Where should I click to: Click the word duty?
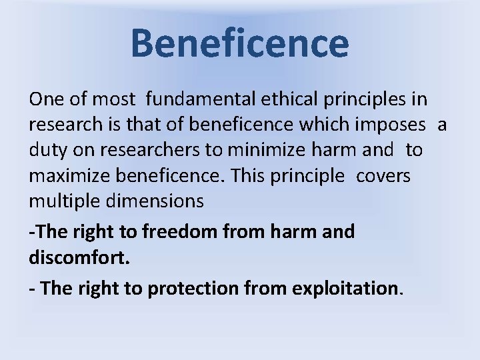pos(49,151)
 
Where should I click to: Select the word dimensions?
pos(160,200)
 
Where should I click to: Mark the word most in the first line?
pos(113,100)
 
